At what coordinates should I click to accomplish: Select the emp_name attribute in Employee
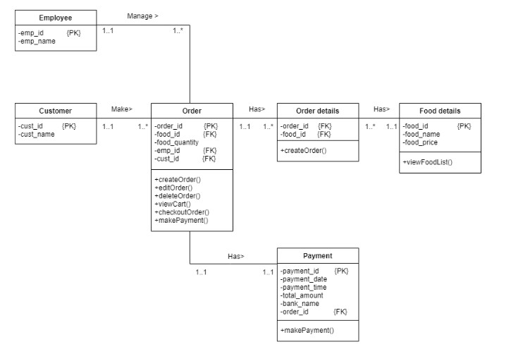[x=37, y=42]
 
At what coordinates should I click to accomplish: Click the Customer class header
[x=55, y=111]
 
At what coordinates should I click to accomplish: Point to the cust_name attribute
[x=37, y=134]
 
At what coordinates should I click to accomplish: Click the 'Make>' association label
[x=122, y=109]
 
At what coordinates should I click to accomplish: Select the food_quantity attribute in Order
[x=177, y=142]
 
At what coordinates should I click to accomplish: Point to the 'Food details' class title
[x=441, y=111]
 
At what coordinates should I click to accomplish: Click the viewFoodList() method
[x=428, y=162]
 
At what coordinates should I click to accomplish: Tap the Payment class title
[x=317, y=256]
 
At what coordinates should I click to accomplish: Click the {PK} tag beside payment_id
[x=341, y=271]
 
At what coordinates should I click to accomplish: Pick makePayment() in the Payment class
[x=307, y=330]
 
